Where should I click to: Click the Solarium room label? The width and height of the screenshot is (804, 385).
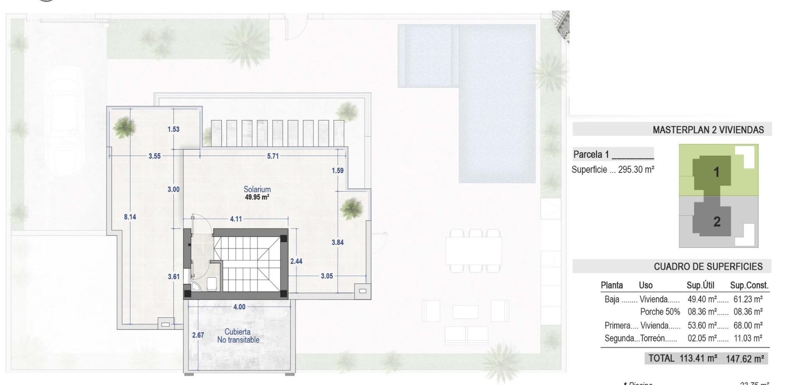point(257,189)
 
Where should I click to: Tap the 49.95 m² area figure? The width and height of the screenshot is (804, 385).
point(257,197)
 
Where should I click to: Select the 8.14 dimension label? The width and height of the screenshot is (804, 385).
point(130,217)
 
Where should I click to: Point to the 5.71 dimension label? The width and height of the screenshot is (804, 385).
point(273,156)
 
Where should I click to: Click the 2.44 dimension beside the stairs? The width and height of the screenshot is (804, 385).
point(296,261)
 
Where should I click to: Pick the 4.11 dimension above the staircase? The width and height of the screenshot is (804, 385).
point(236,219)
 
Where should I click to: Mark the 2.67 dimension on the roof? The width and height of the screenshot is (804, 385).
point(198,335)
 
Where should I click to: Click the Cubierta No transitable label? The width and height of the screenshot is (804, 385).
point(238,336)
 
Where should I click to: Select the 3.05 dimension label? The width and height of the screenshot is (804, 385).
point(327,276)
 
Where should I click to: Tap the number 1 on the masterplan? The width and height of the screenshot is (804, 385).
point(716,172)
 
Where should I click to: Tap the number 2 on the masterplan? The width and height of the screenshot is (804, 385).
point(717,221)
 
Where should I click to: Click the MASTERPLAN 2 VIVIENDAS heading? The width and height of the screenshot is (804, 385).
point(708,130)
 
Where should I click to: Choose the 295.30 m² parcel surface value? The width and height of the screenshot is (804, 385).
point(636,169)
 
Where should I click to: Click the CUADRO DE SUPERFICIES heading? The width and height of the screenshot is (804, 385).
point(708,267)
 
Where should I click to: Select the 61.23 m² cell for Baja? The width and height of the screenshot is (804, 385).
point(748,299)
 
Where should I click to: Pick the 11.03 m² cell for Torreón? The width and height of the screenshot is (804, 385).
point(748,338)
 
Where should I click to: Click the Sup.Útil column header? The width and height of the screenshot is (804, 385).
point(700,285)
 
